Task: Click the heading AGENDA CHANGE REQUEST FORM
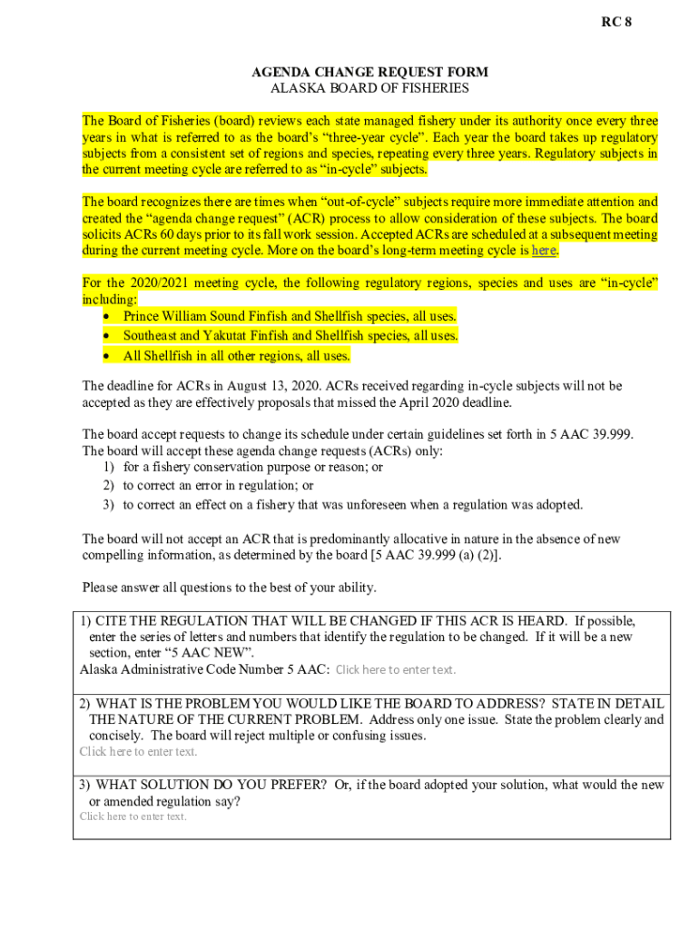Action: pyautogui.click(x=369, y=72)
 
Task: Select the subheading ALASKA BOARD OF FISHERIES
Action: pyautogui.click(x=369, y=88)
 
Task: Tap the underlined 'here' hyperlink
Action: pyautogui.click(x=544, y=251)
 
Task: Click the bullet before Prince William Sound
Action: pyautogui.click(x=109, y=316)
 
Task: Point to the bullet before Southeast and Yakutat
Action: pyautogui.click(x=109, y=336)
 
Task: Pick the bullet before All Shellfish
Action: pyautogui.click(x=109, y=356)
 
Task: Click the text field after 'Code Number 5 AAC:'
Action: pyautogui.click(x=396, y=670)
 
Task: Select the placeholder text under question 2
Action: pyautogui.click(x=138, y=751)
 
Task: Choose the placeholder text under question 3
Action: pyautogui.click(x=133, y=816)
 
